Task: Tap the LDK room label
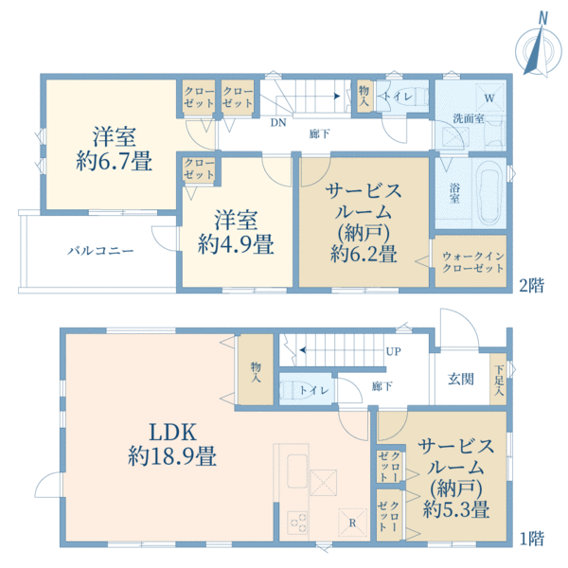click(174, 432)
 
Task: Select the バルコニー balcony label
click(99, 251)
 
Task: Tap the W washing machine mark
click(489, 98)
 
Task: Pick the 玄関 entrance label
click(460, 379)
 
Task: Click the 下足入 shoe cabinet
click(499, 379)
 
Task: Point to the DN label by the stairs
click(277, 122)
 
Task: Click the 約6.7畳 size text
click(115, 162)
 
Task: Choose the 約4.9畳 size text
click(236, 245)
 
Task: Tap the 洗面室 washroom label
click(467, 119)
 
